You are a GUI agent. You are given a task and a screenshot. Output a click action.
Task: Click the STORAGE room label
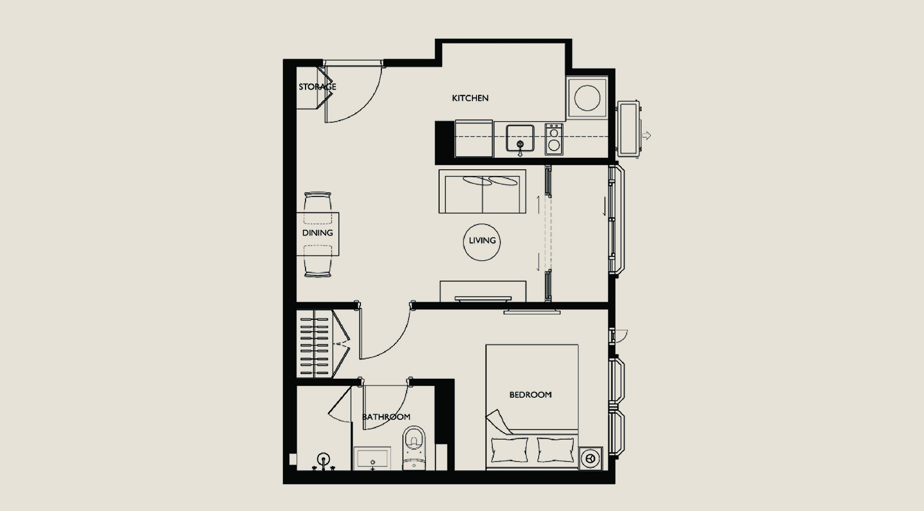(x=317, y=87)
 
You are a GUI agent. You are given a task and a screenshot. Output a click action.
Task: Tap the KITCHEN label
(x=470, y=98)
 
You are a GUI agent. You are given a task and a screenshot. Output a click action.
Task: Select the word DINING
(x=317, y=233)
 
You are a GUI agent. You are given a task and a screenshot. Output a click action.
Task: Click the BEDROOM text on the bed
(x=530, y=394)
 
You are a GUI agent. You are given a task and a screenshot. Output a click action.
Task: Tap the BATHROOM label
(x=386, y=416)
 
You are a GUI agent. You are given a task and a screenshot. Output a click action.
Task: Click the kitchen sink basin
(x=520, y=139)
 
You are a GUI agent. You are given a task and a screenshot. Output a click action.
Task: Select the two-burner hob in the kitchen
(x=554, y=139)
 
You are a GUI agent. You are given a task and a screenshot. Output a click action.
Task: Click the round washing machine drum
(x=587, y=98)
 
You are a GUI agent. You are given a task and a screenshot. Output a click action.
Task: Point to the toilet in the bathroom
(x=414, y=448)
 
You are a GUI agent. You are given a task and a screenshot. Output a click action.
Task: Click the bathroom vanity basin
(x=372, y=458)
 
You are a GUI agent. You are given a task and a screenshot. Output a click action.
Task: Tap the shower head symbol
(x=324, y=459)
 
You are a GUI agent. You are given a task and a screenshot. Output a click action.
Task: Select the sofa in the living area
(x=482, y=191)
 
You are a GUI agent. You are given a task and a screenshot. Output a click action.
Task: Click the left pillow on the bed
(x=509, y=449)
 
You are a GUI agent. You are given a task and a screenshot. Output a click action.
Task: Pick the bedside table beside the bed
(x=590, y=458)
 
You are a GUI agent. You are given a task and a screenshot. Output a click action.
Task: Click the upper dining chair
(x=317, y=208)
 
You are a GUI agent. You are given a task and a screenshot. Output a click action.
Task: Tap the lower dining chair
(x=317, y=261)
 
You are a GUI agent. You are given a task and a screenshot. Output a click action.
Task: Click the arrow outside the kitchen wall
(x=646, y=135)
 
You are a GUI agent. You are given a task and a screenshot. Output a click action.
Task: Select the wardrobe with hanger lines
(x=315, y=343)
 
